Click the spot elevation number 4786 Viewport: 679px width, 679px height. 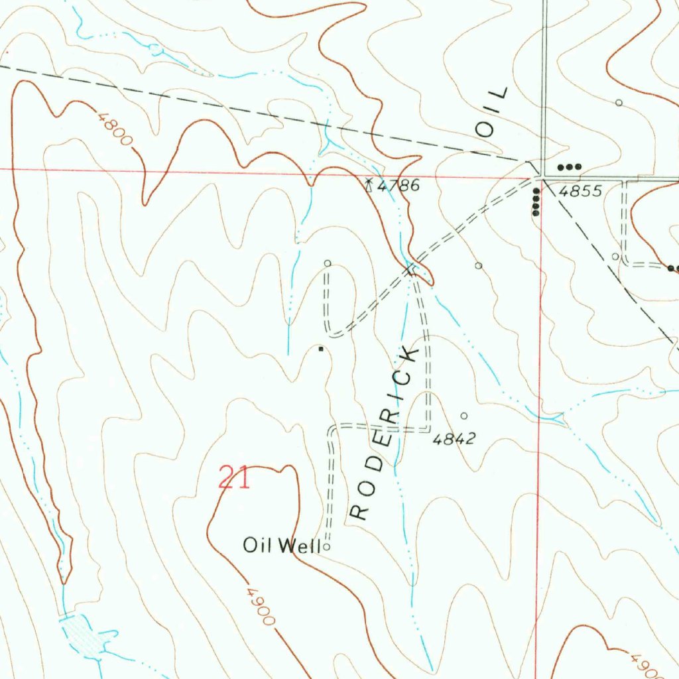[399, 186]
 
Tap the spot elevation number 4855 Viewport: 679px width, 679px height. [581, 192]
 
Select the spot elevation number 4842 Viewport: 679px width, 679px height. [454, 439]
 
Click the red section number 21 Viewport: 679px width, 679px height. [234, 477]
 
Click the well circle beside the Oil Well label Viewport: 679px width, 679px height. [327, 547]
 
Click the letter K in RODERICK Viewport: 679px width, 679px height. [412, 355]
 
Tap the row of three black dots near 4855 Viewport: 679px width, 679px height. [570, 167]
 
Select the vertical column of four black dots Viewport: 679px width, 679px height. [536, 202]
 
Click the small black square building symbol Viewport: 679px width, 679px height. [322, 348]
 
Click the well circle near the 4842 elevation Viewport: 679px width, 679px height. [464, 416]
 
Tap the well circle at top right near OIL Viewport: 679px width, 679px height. [619, 102]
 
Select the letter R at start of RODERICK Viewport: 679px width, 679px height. [358, 511]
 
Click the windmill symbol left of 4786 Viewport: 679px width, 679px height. [369, 184]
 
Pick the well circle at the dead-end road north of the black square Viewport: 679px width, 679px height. [328, 263]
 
